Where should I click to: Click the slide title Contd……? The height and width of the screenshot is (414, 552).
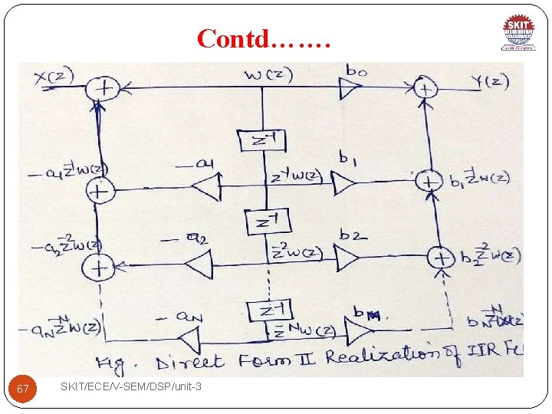click(x=264, y=38)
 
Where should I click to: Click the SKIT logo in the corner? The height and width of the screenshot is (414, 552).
click(x=519, y=31)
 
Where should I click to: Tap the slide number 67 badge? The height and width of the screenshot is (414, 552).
click(x=23, y=389)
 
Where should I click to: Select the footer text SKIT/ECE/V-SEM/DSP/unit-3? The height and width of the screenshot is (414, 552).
click(x=131, y=386)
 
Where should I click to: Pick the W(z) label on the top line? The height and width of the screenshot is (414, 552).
click(x=268, y=74)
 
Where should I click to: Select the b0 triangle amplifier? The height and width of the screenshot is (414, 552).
click(x=352, y=90)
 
